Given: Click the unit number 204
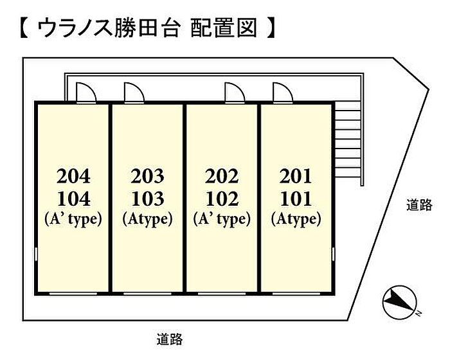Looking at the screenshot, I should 73,175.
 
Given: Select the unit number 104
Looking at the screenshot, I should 73,197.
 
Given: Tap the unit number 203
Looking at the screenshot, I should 147,175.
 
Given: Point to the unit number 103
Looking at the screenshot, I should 147,197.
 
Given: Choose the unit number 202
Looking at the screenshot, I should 221,175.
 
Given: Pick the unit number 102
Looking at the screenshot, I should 221,197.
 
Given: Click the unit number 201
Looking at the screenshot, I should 296,175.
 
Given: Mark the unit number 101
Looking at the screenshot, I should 296,197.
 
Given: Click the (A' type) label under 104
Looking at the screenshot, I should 73,220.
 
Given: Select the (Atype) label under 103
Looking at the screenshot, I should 147,220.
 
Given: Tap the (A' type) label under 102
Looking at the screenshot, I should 221,220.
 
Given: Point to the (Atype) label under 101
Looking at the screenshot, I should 296,220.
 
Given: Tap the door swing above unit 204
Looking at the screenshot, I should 87,92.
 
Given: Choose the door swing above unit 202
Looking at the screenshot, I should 233,92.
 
